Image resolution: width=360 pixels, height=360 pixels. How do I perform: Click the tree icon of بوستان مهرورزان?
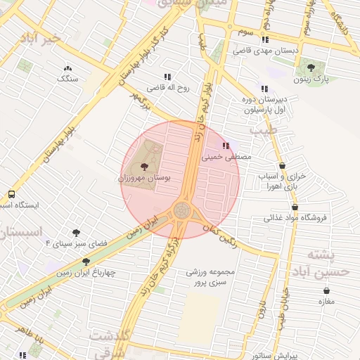(144, 167)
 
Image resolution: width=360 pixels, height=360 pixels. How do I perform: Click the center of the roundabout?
(181, 210)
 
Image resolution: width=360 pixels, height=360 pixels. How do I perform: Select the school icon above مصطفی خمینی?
(225, 146)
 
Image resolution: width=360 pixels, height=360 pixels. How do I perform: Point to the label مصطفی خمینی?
(226, 158)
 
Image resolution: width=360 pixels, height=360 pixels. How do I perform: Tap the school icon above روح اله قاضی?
(167, 77)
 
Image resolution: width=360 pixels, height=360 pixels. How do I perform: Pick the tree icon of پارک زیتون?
(311, 67)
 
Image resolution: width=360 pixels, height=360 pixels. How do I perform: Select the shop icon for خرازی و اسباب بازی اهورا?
(282, 166)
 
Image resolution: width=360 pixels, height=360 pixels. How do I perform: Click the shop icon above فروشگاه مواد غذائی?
(295, 207)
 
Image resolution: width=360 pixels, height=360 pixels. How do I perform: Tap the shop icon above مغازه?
(326, 290)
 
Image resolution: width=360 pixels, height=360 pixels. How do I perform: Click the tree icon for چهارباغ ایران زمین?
(86, 262)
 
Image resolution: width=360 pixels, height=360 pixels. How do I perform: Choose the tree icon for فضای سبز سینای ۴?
(76, 232)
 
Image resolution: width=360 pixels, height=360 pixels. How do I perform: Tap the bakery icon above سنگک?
(67, 68)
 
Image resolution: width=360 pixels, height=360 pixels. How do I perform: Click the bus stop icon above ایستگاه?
(11, 194)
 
